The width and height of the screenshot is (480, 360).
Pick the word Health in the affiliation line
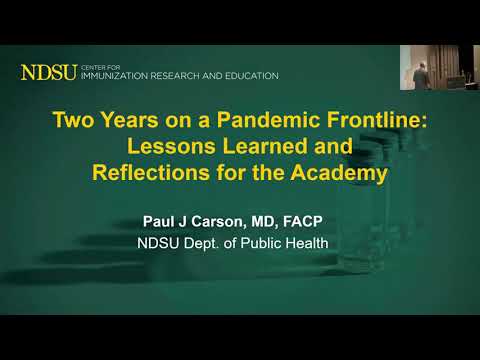pyautogui.click(x=319, y=242)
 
